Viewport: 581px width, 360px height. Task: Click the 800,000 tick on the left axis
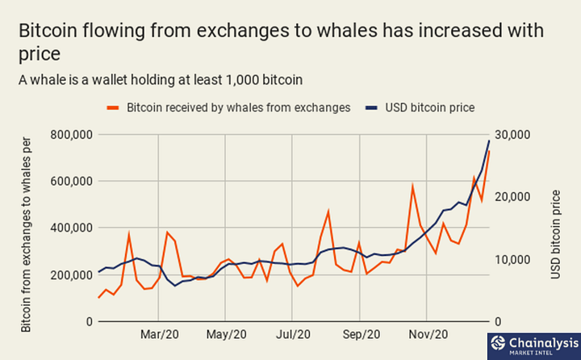(x=72, y=135)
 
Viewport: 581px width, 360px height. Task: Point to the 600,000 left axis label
(x=72, y=182)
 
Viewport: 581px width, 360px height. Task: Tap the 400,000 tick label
(x=72, y=228)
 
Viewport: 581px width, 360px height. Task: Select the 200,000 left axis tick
(x=72, y=275)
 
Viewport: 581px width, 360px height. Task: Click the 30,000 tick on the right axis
(x=512, y=135)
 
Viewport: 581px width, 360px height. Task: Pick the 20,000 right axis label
(x=512, y=197)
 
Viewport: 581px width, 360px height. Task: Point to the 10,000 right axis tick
(x=512, y=260)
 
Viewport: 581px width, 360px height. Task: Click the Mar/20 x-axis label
(x=159, y=334)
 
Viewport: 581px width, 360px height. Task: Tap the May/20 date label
(x=227, y=334)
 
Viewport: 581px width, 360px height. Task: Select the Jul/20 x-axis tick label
(x=293, y=334)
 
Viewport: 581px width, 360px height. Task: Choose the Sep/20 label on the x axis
(x=362, y=334)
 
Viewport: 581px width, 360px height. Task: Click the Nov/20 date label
(x=428, y=334)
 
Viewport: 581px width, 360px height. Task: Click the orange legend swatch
(x=113, y=108)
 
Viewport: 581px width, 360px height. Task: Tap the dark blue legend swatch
(x=371, y=108)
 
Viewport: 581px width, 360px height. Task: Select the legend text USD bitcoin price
(x=430, y=107)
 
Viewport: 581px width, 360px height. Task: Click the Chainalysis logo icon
(x=498, y=343)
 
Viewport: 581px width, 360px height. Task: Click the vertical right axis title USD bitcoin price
(x=555, y=234)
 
